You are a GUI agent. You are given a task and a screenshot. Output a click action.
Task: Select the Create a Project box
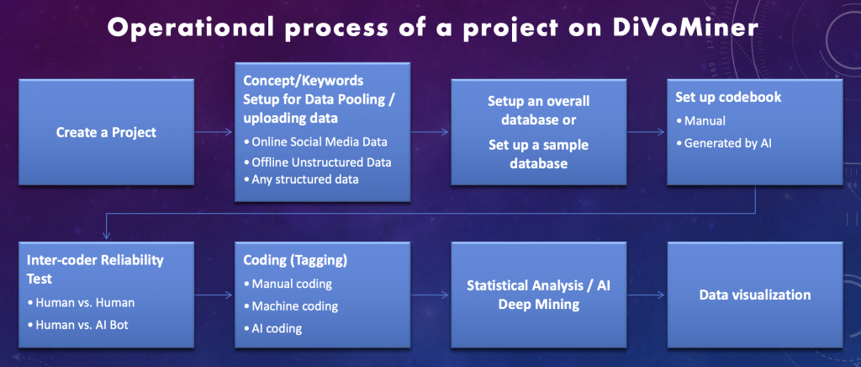[106, 132]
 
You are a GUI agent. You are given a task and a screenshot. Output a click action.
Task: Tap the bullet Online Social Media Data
[316, 141]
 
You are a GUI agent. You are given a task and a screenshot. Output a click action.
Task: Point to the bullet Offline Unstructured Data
[317, 162]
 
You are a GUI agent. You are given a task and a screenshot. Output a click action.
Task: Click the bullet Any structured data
[301, 179]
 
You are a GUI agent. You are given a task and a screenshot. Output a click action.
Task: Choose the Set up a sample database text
[539, 154]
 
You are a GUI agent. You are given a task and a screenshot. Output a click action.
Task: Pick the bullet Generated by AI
[724, 143]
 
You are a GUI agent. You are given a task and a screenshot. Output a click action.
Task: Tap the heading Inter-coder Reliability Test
[95, 269]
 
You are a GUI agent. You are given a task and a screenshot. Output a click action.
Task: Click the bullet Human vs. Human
[81, 302]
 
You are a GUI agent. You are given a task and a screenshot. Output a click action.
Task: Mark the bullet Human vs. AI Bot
[77, 325]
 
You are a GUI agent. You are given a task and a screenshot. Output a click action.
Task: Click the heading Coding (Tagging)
[295, 260]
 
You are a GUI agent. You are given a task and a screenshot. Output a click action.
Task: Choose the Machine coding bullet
[290, 306]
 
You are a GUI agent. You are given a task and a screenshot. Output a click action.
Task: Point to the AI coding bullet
[272, 328]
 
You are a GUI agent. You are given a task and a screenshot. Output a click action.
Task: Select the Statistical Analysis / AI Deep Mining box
[539, 295]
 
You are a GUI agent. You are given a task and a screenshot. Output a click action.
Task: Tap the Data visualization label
[755, 295]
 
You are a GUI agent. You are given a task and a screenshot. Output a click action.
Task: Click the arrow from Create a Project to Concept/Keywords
[214, 132]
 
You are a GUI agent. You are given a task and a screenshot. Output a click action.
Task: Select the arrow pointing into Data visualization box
[647, 295]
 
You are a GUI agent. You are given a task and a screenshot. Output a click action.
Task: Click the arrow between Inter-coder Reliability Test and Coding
[214, 295]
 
